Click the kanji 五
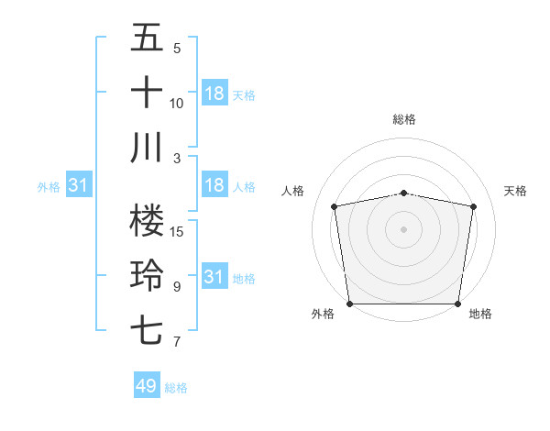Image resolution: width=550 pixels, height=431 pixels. pos(147,38)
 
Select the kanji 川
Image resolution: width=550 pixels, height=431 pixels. pos(147,148)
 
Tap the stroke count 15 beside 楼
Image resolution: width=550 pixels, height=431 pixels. pos(178,231)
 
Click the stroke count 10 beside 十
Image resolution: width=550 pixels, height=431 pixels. pos(177,104)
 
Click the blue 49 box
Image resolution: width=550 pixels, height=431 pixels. pos(147,386)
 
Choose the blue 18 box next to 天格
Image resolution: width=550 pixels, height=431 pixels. pos(214,94)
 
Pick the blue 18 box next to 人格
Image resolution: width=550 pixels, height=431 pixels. pos(214,185)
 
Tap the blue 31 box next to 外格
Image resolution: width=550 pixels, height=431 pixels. pos(79,185)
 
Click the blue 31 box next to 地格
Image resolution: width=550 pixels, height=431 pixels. pos(214,277)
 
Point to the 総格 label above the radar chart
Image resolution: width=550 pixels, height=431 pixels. pos(404,119)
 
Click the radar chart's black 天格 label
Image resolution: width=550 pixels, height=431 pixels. pos(515,191)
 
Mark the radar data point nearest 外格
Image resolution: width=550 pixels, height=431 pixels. pos(349,304)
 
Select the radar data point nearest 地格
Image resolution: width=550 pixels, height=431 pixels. pos(458,304)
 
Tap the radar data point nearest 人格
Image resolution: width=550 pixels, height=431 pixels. pos(335,206)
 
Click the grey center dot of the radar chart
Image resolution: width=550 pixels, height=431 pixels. pos(404,228)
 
